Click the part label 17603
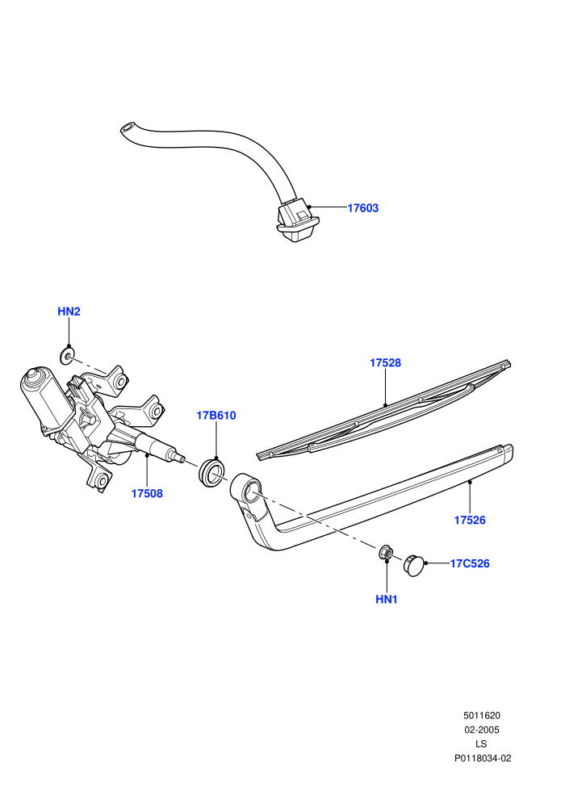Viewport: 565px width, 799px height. point(362,208)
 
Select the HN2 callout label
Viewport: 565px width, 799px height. point(69,312)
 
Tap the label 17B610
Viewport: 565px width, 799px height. point(216,416)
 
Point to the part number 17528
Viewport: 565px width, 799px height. point(385,363)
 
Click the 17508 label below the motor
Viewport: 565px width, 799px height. point(147,493)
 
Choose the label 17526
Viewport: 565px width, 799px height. point(470,520)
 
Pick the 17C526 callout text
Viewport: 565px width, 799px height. point(470,563)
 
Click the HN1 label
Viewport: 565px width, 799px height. point(386,600)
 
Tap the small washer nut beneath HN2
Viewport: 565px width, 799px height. point(66,356)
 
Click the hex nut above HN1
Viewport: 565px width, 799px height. point(386,553)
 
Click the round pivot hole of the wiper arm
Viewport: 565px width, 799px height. point(252,492)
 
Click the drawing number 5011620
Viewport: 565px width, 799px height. point(481,716)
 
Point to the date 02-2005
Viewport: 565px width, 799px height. point(481,730)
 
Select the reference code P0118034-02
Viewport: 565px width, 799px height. point(483,758)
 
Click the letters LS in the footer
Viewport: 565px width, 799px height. point(481,744)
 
